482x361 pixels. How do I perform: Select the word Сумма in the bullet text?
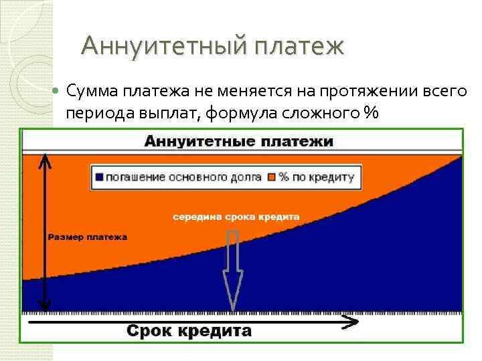click(x=93, y=91)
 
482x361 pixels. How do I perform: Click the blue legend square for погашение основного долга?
click(x=100, y=178)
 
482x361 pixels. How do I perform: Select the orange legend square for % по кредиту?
click(x=271, y=178)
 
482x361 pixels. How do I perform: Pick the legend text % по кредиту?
click(x=316, y=178)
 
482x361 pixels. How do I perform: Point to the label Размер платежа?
click(x=88, y=237)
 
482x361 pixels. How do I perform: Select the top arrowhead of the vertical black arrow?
click(x=45, y=159)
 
